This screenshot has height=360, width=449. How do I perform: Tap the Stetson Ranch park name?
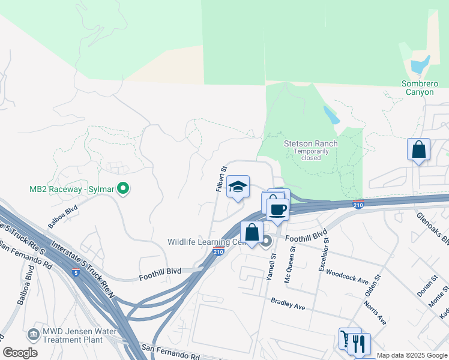(311, 143)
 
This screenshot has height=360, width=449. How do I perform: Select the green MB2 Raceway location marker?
(123, 189)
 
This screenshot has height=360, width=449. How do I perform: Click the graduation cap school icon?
(238, 187)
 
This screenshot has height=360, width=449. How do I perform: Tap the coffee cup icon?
(277, 209)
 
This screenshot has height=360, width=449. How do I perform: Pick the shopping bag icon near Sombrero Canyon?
(418, 150)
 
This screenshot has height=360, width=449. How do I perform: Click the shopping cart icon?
(348, 339)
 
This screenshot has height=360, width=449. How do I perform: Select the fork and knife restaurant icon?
(360, 344)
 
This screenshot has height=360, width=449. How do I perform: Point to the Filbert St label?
(220, 179)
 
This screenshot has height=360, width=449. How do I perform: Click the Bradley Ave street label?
(288, 304)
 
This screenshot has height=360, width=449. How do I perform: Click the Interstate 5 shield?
(75, 272)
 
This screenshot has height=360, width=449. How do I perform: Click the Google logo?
(20, 353)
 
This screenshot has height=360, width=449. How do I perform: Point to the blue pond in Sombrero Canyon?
(420, 64)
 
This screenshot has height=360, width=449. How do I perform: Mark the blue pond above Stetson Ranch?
(331, 115)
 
